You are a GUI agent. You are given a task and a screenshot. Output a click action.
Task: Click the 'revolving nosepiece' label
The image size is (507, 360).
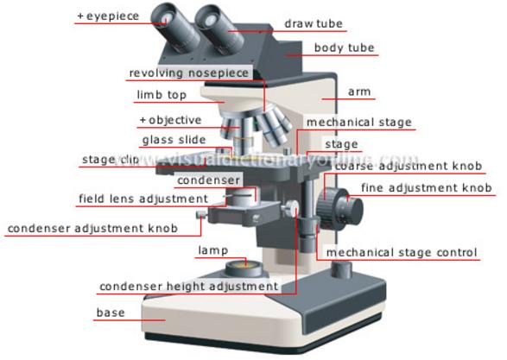(x=189, y=73)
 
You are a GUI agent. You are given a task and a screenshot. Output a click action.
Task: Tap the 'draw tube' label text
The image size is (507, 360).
(x=314, y=23)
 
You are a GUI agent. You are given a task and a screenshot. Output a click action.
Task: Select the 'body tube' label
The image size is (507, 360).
(x=345, y=47)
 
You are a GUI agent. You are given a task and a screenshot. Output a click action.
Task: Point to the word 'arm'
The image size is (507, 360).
(x=359, y=92)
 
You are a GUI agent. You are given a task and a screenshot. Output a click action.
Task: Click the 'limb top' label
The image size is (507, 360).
(x=162, y=95)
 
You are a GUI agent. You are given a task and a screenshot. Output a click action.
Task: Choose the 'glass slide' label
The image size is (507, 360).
(x=174, y=140)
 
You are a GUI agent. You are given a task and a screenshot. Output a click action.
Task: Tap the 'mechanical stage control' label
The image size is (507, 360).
(x=402, y=252)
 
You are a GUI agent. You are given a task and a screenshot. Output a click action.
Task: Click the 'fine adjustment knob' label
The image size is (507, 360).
(x=427, y=187)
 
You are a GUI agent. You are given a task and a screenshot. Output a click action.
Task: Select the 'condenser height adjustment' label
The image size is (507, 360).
(x=189, y=287)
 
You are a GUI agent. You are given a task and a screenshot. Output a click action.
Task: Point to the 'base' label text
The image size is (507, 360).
(x=111, y=313)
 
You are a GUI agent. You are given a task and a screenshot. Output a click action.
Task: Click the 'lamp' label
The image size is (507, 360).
(x=213, y=250)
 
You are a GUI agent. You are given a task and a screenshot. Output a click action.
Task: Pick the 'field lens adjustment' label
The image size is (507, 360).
(x=143, y=199)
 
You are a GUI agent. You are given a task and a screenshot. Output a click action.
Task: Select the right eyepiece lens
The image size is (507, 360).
(x=210, y=19)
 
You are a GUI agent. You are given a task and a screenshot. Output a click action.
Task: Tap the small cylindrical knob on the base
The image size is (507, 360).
(x=342, y=270)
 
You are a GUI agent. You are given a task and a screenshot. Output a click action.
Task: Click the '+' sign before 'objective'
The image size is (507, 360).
(x=143, y=120)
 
